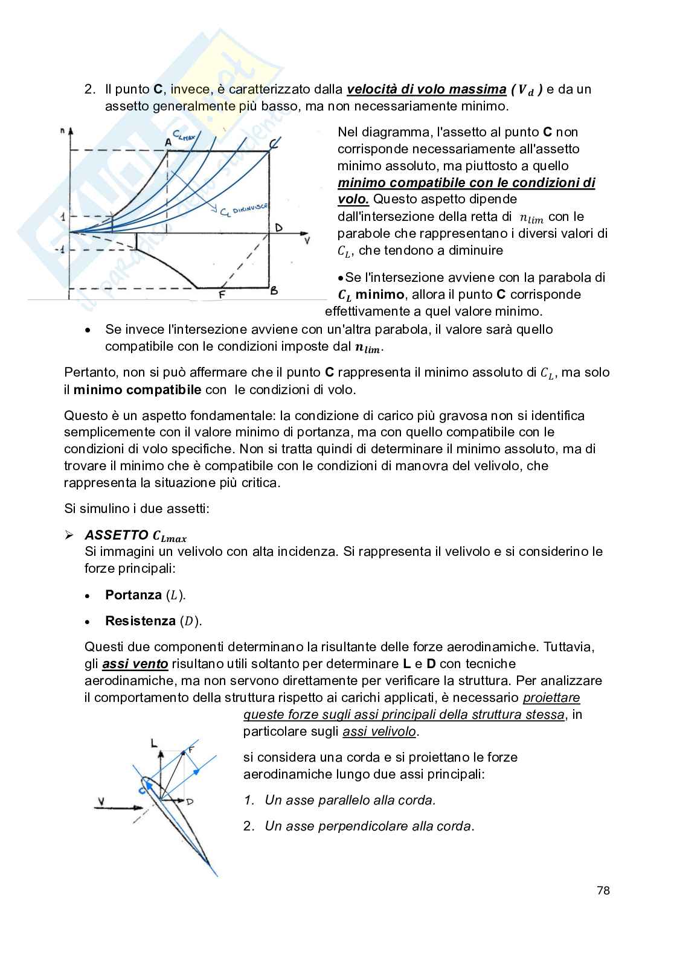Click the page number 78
[x=603, y=890]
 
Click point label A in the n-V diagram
[x=168, y=141]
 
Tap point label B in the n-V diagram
[x=274, y=291]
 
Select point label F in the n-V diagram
[x=222, y=295]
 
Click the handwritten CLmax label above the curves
[x=184, y=136]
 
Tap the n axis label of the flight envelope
[x=63, y=129]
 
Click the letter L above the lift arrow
[x=153, y=743]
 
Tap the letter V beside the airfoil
[x=101, y=802]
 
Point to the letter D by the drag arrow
[x=190, y=802]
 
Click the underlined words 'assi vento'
[x=135, y=664]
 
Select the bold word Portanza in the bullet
[x=133, y=595]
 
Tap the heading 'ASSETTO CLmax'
[x=135, y=535]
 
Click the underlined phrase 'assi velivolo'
[x=379, y=731]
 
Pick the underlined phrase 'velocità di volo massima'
[x=426, y=89]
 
